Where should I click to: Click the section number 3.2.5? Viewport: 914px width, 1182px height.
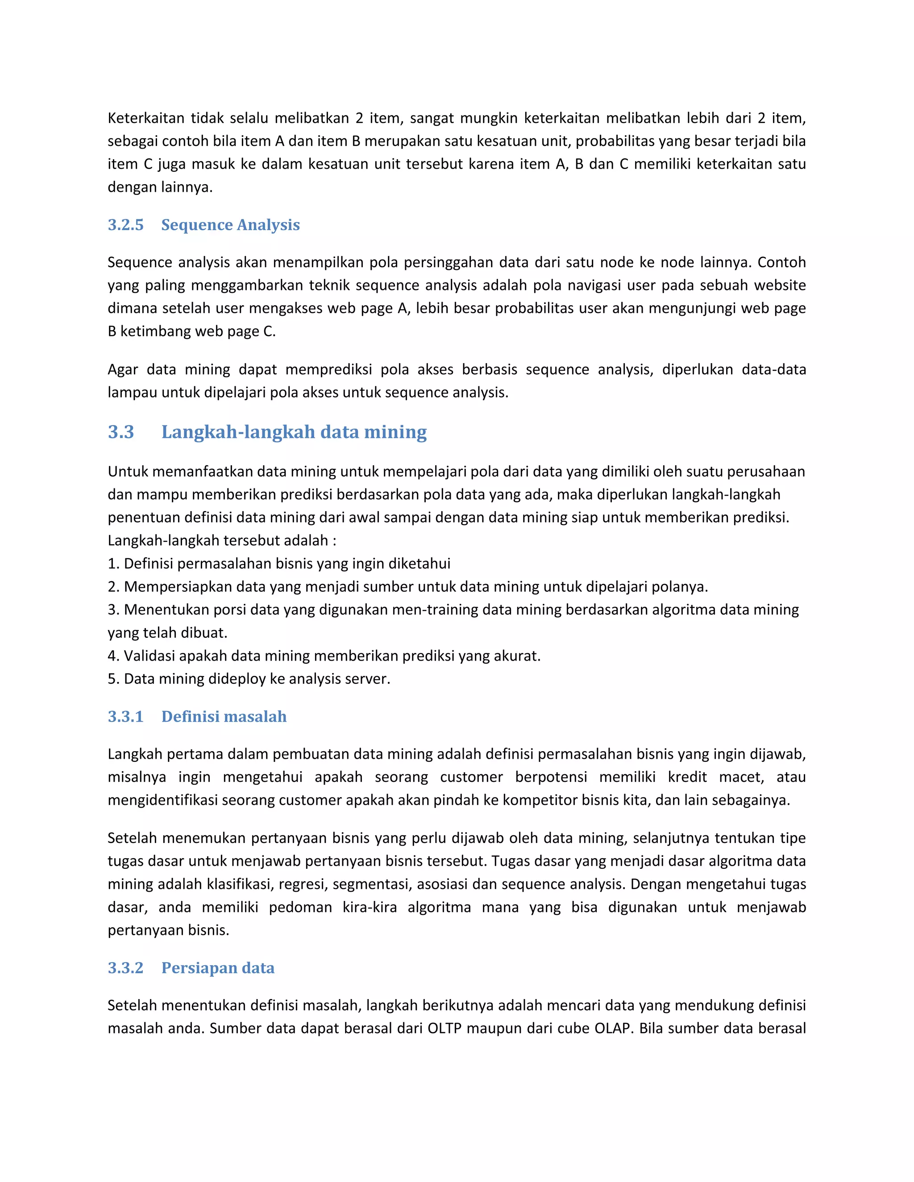tap(125, 225)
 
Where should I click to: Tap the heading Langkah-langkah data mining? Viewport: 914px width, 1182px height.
tap(294, 432)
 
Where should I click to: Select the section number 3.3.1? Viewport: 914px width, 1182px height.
tap(125, 717)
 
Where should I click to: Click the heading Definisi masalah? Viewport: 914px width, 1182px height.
tap(224, 717)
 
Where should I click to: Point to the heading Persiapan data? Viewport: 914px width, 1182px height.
tap(218, 968)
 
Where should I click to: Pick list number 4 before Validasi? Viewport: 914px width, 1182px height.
tap(112, 656)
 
